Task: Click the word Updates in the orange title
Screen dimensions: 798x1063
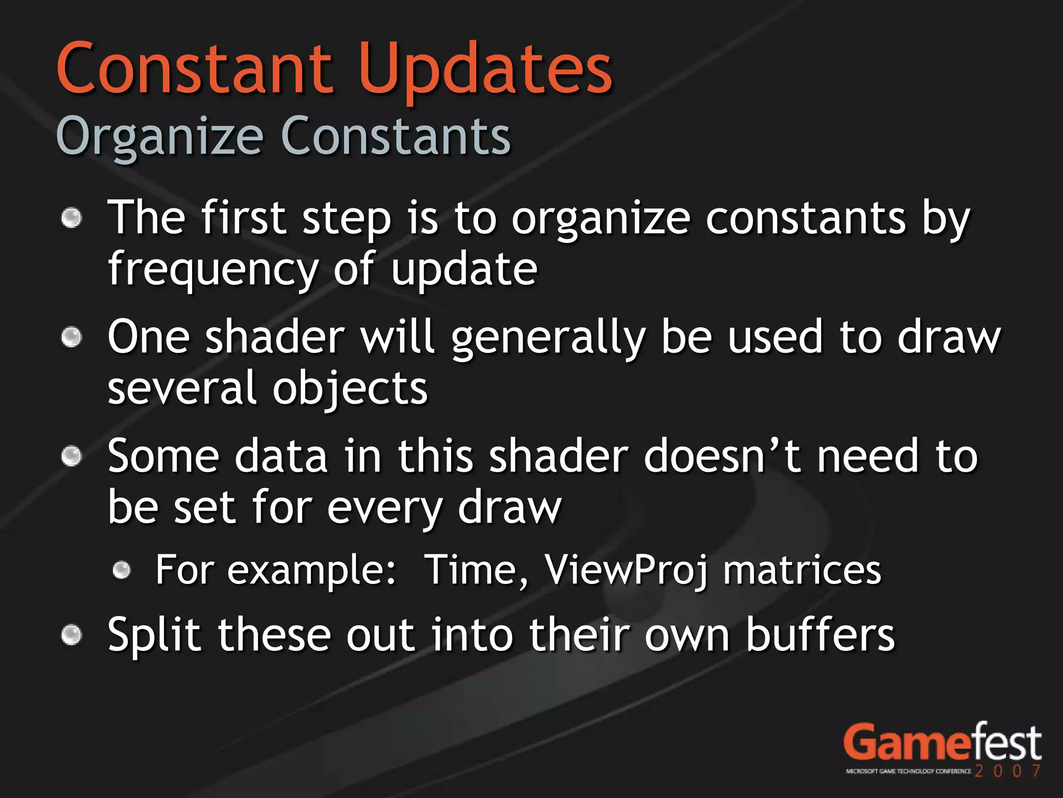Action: pos(485,70)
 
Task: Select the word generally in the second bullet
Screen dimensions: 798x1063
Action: pos(548,338)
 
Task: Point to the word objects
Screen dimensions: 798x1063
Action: pos(350,389)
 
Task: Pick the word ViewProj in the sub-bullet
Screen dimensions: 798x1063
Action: pos(626,570)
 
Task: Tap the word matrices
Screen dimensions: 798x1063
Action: pos(802,570)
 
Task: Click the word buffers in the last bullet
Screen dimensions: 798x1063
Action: pos(820,635)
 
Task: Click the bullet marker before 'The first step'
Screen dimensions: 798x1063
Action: pos(72,218)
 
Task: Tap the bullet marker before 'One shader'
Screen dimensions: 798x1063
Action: pos(72,338)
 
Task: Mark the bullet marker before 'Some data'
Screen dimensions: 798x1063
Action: pos(72,457)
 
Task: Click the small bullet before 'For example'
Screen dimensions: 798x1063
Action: pos(122,570)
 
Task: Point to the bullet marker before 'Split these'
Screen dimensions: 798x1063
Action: pos(72,635)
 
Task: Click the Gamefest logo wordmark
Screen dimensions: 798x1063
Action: pos(942,743)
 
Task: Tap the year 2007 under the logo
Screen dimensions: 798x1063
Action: pos(1007,771)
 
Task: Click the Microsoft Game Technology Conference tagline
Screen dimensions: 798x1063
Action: pos(908,772)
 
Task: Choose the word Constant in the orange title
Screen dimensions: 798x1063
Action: pos(195,70)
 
